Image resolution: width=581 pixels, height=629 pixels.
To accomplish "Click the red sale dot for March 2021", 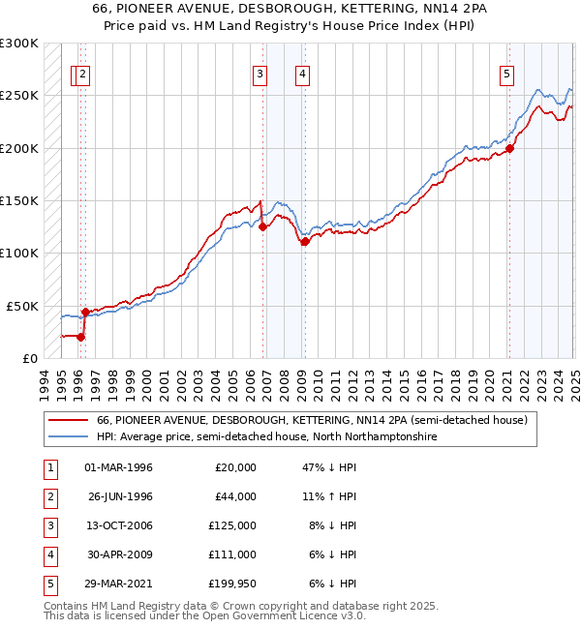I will click(510, 148).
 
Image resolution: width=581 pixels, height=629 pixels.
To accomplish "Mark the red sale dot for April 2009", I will click(304, 241).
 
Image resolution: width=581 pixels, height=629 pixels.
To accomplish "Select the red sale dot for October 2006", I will click(262, 226).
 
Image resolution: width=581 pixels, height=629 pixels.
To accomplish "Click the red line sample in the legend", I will click(68, 421).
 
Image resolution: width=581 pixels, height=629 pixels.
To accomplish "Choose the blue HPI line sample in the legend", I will click(68, 437).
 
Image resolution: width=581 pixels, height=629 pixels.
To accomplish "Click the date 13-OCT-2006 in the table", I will click(119, 525).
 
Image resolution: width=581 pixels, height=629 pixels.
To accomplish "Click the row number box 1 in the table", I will click(48, 467).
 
